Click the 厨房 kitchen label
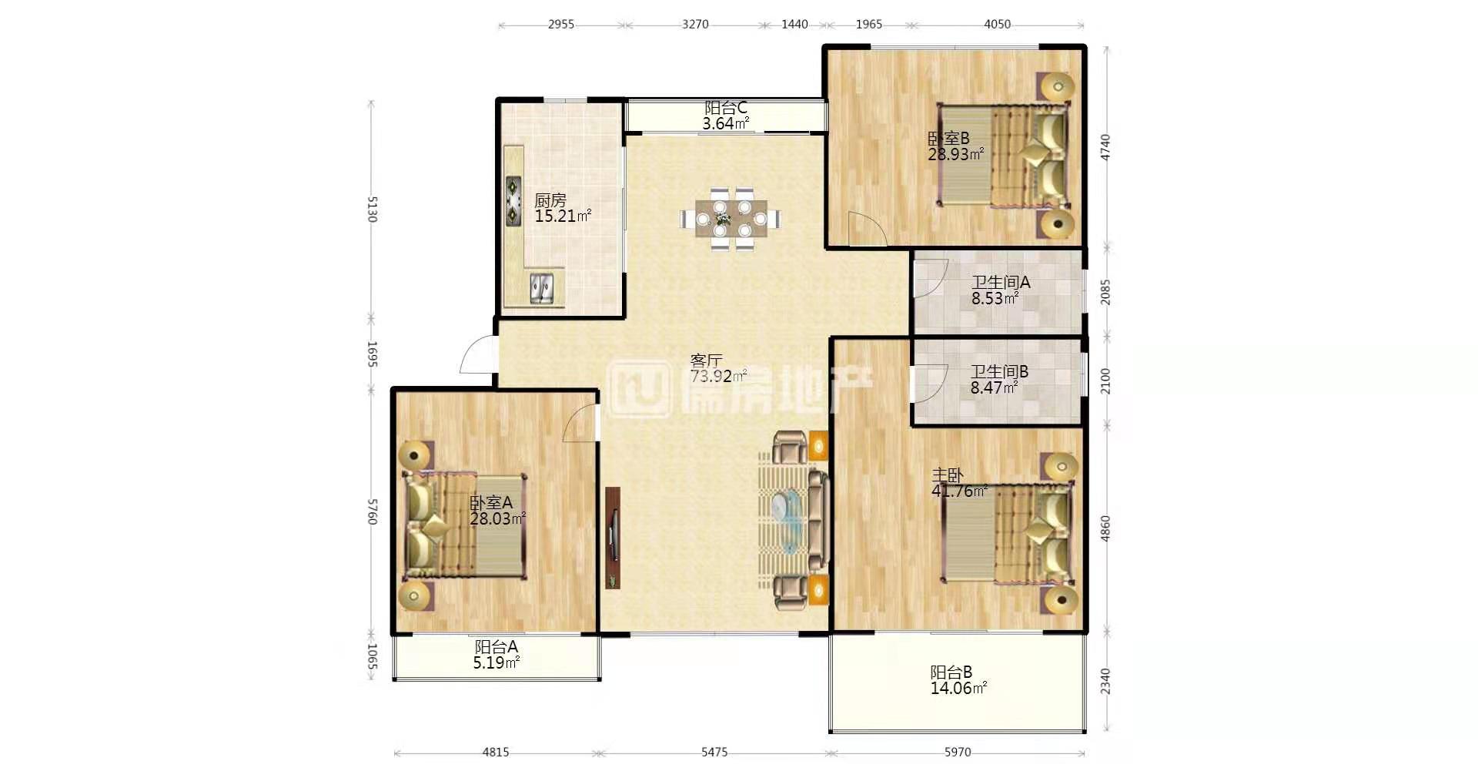550,200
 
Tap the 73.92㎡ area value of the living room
718,377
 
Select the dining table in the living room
730,219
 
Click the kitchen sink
543,288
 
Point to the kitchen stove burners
513,201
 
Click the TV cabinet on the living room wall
613,538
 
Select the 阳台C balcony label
726,108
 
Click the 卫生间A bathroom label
1001,283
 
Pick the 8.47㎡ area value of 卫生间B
994,388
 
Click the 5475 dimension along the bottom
714,752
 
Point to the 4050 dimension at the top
997,24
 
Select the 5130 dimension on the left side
373,209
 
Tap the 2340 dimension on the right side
1105,682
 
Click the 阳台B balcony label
951,672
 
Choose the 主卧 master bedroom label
948,475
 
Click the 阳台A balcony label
496,647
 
